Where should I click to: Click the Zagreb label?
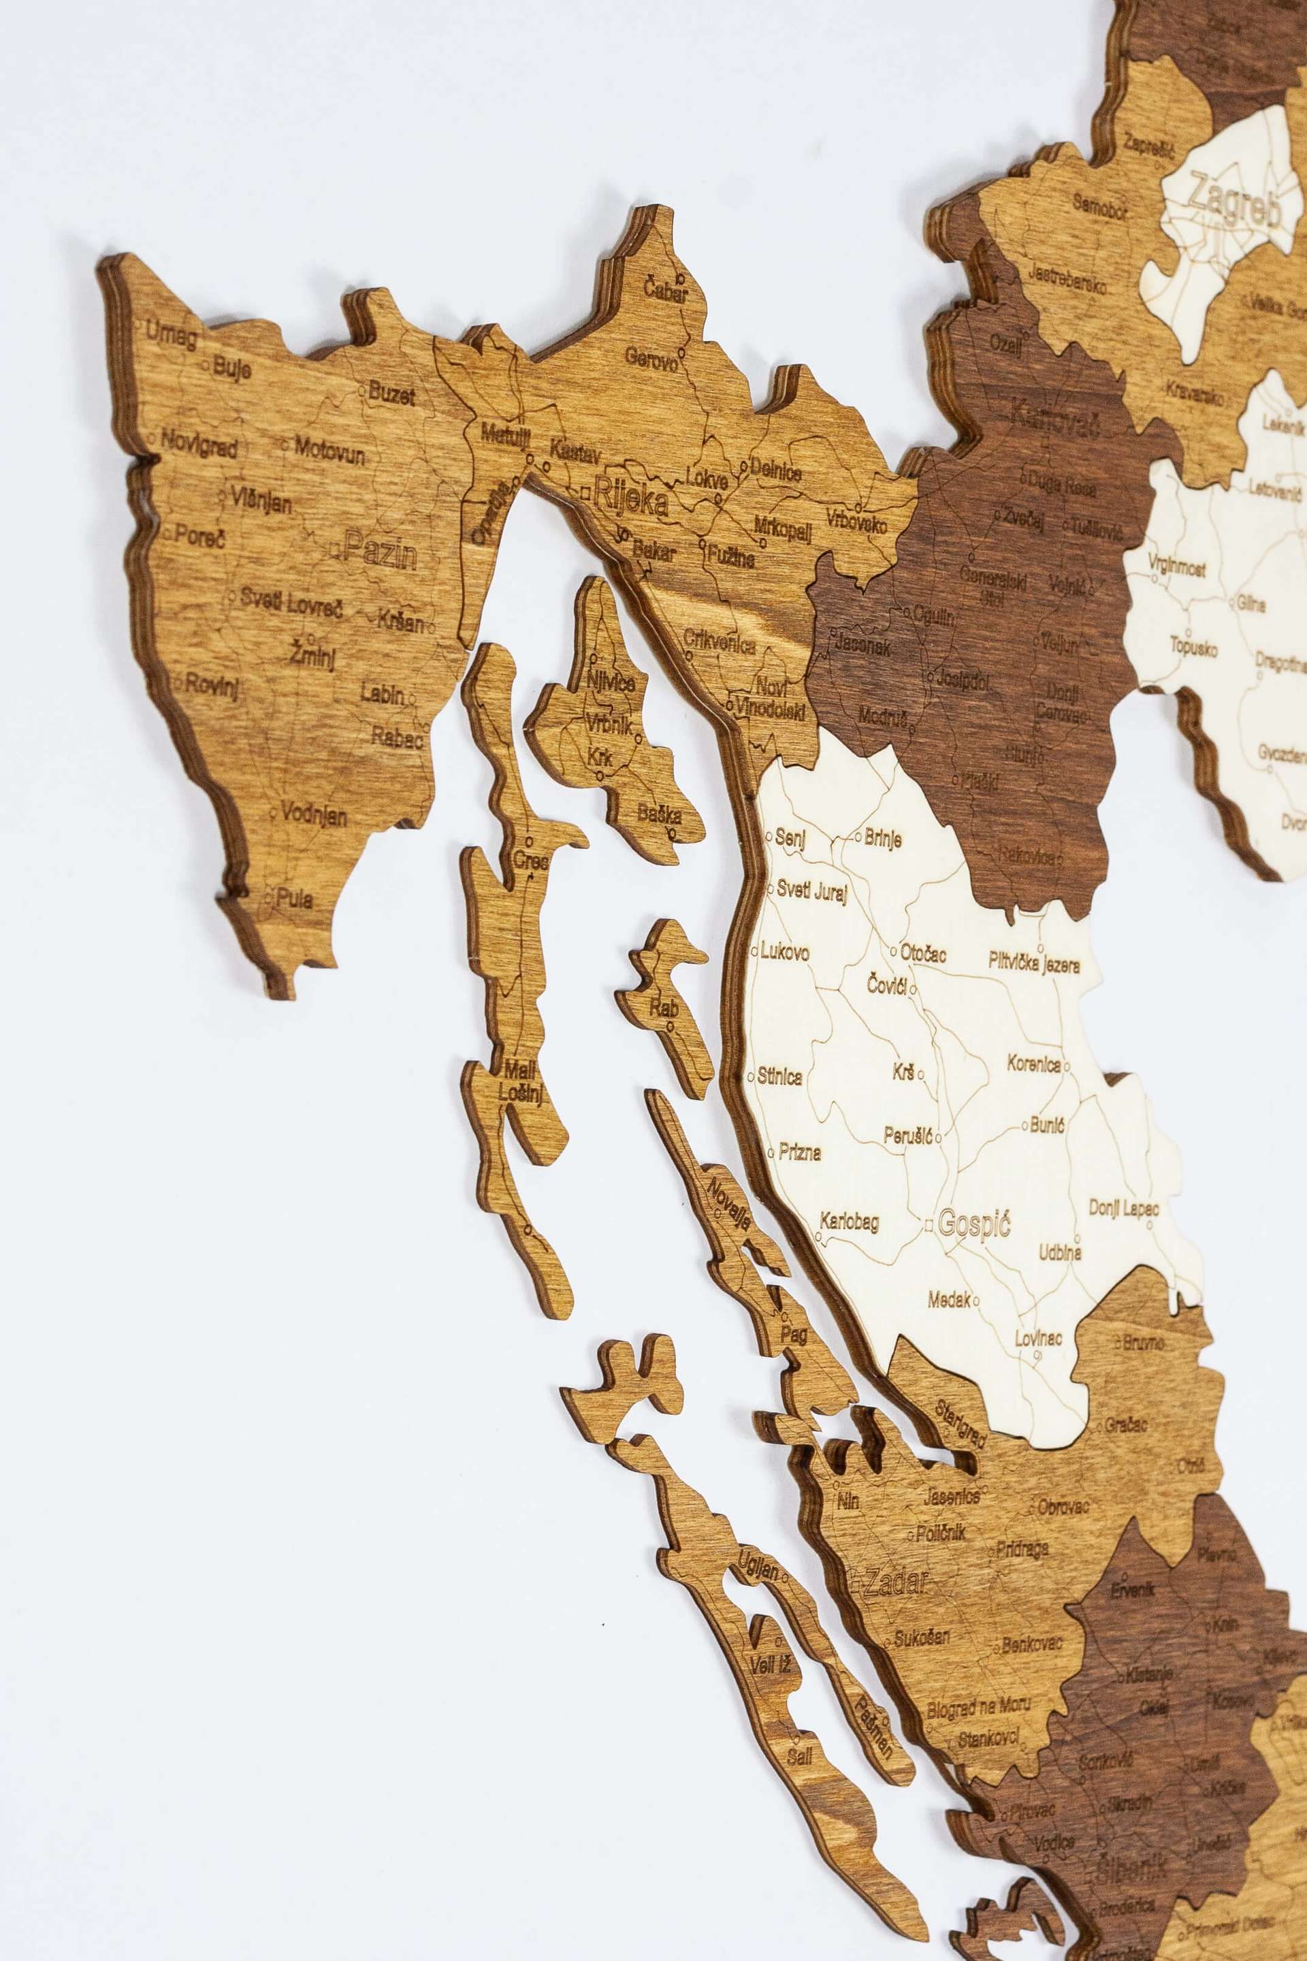click(1233, 200)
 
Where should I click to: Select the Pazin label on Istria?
click(380, 551)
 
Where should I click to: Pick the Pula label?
click(294, 899)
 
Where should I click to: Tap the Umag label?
click(172, 334)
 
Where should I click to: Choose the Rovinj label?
click(212, 686)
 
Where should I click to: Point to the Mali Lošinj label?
click(520, 1081)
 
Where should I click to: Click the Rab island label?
click(664, 1008)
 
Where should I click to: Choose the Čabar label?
click(665, 291)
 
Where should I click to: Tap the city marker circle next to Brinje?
click(858, 835)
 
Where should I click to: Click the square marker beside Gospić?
click(929, 1225)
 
